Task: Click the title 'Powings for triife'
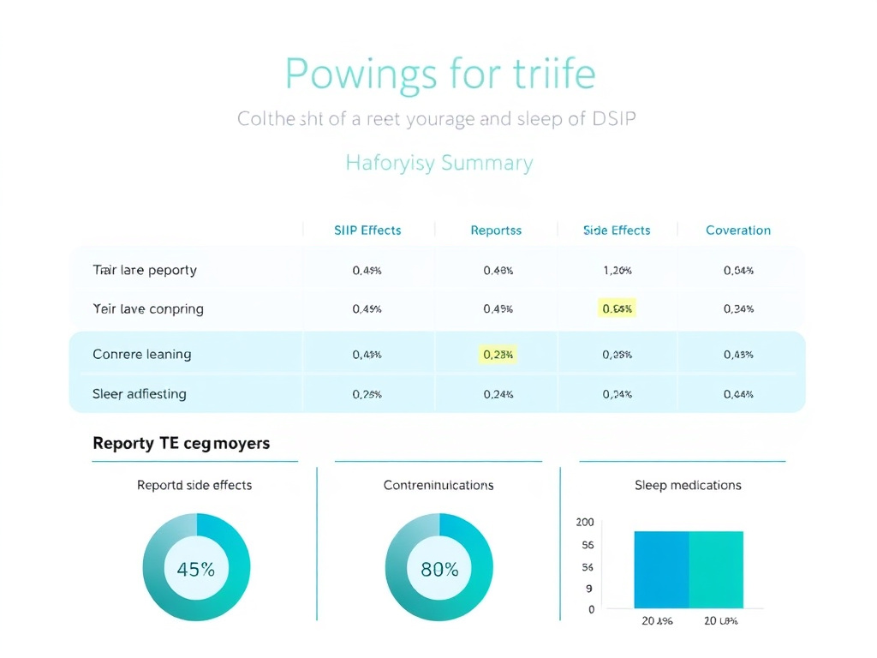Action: pyautogui.click(x=439, y=74)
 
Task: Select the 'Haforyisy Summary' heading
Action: pyautogui.click(x=439, y=163)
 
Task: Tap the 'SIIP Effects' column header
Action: pyautogui.click(x=367, y=230)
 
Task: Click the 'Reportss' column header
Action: pyautogui.click(x=496, y=230)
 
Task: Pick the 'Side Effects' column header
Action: pyautogui.click(x=617, y=230)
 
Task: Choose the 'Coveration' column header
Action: pyautogui.click(x=738, y=230)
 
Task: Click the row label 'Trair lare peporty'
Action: pyautogui.click(x=145, y=271)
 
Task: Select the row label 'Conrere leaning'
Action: pyautogui.click(x=142, y=355)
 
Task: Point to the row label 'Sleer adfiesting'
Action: pyautogui.click(x=140, y=395)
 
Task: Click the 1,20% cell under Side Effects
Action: pyautogui.click(x=617, y=271)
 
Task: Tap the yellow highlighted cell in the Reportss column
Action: pyautogui.click(x=498, y=355)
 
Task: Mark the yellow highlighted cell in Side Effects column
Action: pyautogui.click(x=617, y=309)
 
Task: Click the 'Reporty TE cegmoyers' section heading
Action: pyautogui.click(x=181, y=444)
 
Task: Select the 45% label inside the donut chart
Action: pyautogui.click(x=196, y=569)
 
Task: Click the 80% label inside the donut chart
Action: pyautogui.click(x=439, y=569)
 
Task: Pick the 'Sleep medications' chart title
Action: pyautogui.click(x=688, y=486)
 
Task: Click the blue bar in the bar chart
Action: pyautogui.click(x=661, y=570)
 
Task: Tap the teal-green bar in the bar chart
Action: pyautogui.click(x=716, y=570)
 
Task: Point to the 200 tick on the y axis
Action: pyautogui.click(x=585, y=523)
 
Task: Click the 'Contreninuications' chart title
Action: pyautogui.click(x=438, y=486)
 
